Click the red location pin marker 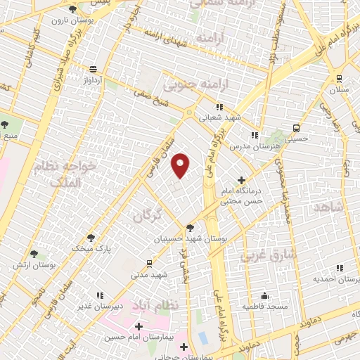[181, 165]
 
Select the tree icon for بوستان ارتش [34, 254]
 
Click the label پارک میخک [91, 248]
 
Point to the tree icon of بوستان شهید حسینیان [190, 227]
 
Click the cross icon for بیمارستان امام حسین [139, 326]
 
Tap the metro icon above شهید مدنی [149, 263]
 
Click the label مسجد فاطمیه [262, 307]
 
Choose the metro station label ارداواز [93, 80]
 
